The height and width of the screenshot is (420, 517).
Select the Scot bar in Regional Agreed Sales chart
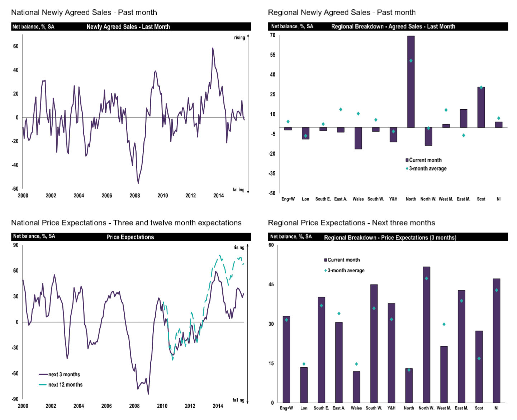tap(481, 107)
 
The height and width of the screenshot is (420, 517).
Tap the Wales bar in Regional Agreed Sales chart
tap(358, 138)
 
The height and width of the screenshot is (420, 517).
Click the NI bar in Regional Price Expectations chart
tap(497, 340)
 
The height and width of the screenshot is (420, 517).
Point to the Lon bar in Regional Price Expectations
tap(304, 385)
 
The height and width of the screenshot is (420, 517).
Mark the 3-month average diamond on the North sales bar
tap(411, 61)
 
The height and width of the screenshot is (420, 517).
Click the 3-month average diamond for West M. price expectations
tap(444, 324)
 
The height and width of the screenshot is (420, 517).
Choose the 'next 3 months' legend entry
tap(64, 374)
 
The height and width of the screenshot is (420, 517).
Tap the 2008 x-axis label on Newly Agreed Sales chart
tap(135, 196)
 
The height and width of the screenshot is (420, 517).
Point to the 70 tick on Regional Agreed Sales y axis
tap(273, 35)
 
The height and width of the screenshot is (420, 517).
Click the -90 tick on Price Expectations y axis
tap(15, 399)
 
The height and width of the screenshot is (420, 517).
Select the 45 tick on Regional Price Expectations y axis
tap(271, 285)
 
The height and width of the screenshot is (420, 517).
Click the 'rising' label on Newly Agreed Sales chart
tap(239, 38)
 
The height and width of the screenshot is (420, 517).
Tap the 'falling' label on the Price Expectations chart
tap(238, 400)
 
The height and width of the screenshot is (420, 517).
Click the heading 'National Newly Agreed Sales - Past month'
tap(84, 13)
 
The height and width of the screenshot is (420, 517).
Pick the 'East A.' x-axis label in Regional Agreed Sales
tap(341, 199)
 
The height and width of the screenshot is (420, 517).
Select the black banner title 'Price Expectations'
tap(130, 237)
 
